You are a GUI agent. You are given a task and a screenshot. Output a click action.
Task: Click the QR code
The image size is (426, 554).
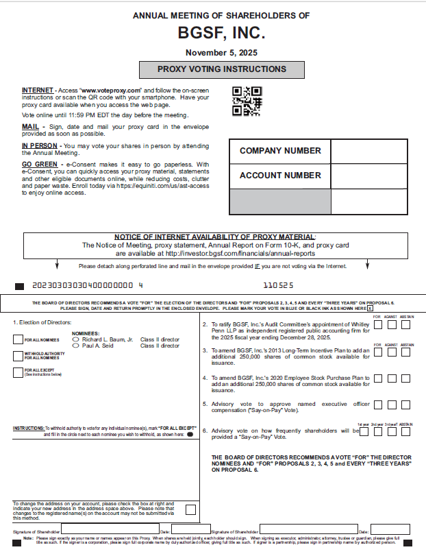(247, 101)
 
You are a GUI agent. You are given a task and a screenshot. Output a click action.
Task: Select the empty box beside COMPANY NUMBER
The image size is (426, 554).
(369, 151)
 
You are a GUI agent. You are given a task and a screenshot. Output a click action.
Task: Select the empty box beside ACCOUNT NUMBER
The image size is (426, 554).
(369, 176)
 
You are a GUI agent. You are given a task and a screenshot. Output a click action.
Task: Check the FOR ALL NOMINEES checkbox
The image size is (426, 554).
(18, 339)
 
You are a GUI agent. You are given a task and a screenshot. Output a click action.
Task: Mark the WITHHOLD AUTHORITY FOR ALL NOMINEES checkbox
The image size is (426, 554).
(18, 355)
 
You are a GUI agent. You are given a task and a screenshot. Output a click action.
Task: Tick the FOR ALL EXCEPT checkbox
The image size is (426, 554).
(18, 372)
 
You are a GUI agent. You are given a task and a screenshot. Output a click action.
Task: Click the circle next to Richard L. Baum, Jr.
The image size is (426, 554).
(77, 339)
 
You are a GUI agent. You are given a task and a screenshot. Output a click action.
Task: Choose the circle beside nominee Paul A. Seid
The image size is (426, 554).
(77, 346)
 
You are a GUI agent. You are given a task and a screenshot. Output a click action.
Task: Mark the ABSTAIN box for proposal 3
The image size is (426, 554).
(407, 352)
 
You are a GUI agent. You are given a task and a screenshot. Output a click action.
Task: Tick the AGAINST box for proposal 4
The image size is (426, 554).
(392, 378)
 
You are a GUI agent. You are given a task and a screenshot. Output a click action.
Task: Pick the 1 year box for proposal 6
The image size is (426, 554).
(363, 431)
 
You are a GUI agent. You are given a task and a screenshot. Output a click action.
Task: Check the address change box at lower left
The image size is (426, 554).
(190, 509)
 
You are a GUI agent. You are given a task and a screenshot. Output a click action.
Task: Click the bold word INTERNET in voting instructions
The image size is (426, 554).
(37, 91)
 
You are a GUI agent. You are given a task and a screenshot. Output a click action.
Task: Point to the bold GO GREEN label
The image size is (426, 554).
(38, 165)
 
